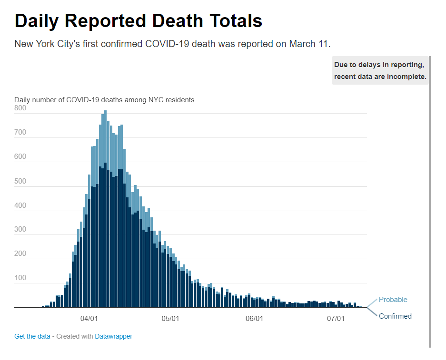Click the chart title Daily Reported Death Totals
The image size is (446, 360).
(x=139, y=21)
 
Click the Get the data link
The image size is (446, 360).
(x=32, y=336)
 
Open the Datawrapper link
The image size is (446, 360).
(x=113, y=336)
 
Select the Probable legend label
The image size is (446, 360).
(x=393, y=300)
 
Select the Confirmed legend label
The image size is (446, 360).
(x=395, y=316)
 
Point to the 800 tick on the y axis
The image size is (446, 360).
(x=20, y=108)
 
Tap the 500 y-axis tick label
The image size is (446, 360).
(x=20, y=181)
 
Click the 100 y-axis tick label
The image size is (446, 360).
(x=20, y=278)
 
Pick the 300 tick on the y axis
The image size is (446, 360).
(x=20, y=229)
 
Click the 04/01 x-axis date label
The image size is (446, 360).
(x=89, y=318)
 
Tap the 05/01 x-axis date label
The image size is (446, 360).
(x=170, y=318)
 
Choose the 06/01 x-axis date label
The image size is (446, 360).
(x=254, y=318)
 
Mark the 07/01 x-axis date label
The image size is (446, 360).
(x=336, y=318)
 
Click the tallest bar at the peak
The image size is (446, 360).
(x=105, y=190)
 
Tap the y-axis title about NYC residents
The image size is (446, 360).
(x=104, y=100)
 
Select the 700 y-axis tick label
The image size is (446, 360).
(x=20, y=132)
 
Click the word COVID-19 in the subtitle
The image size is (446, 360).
(x=165, y=44)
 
